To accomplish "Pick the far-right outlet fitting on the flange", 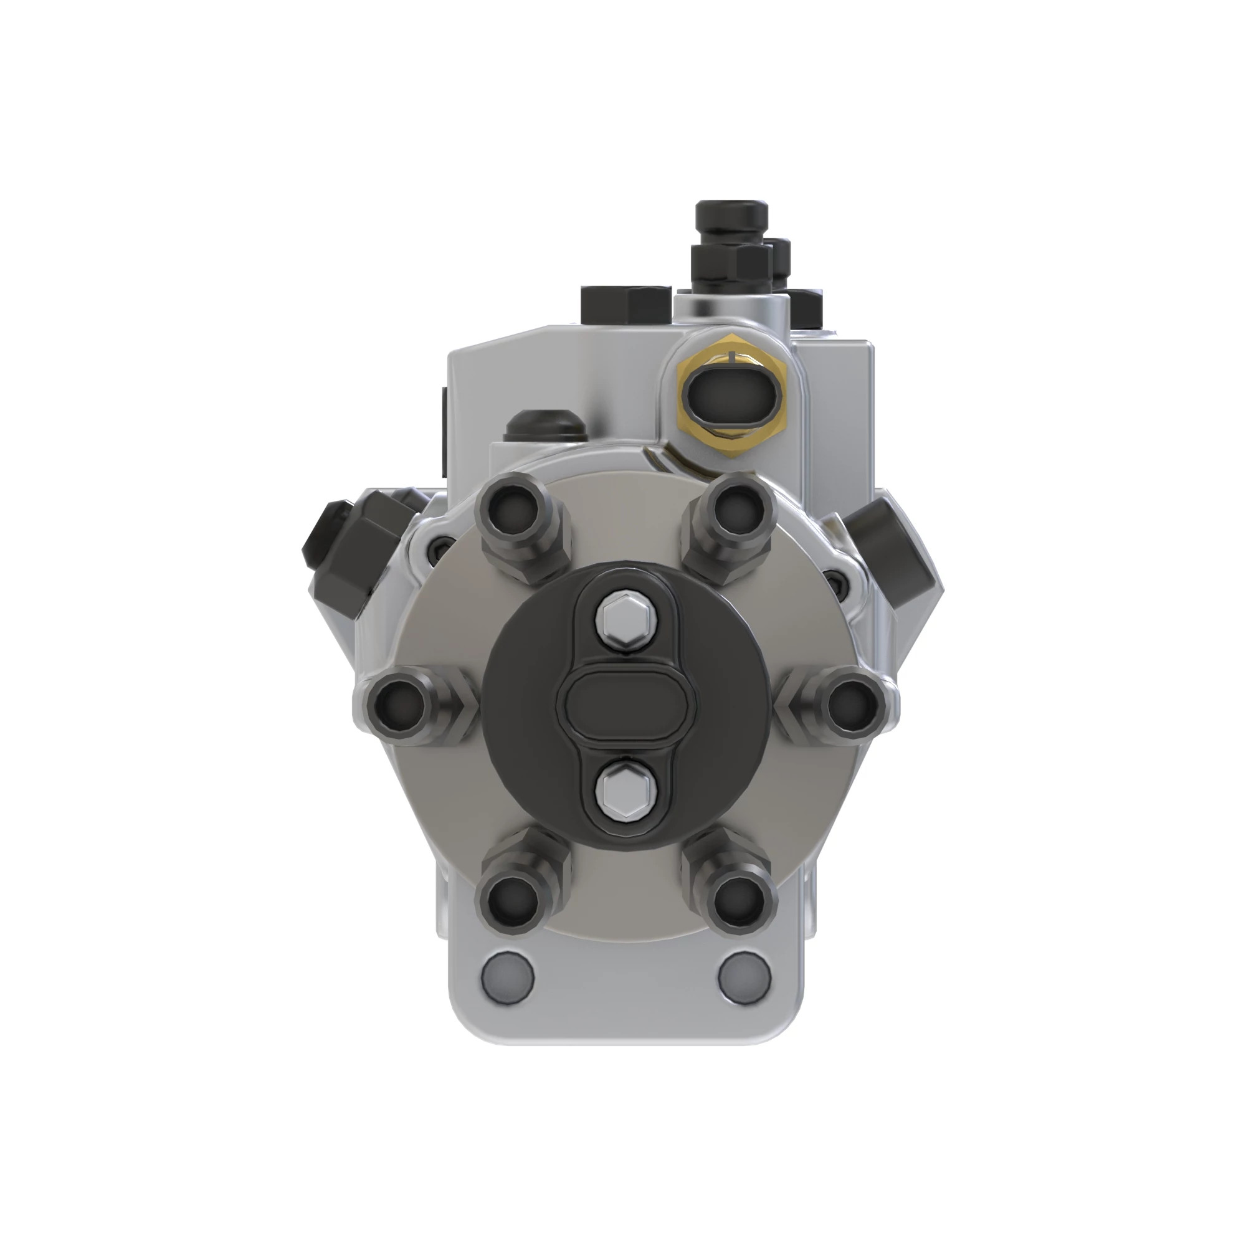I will [x=853, y=706].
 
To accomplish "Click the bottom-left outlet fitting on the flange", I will [x=513, y=900].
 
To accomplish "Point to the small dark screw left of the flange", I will [x=439, y=548].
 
